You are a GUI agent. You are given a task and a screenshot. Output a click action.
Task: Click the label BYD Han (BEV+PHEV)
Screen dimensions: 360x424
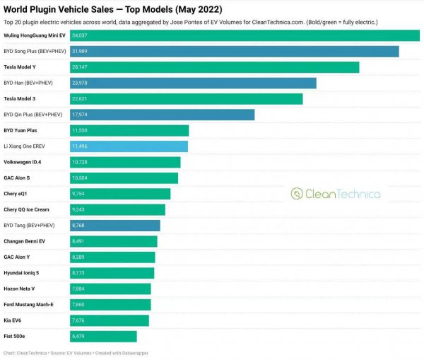(x=33, y=83)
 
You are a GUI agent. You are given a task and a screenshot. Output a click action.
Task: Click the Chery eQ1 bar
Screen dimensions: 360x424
(x=120, y=194)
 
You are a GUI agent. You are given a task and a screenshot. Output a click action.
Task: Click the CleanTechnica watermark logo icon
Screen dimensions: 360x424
(x=297, y=194)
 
